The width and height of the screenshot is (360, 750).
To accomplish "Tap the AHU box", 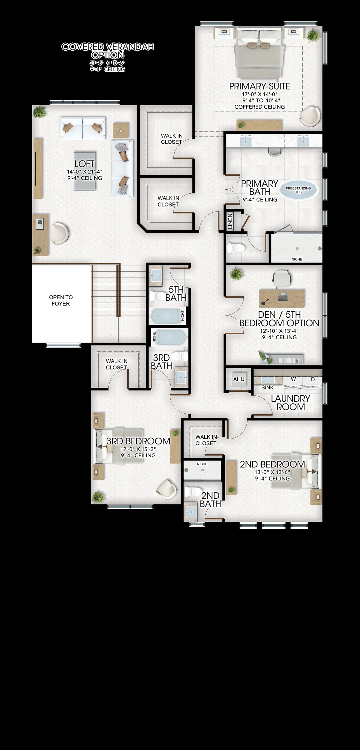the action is (x=239, y=379).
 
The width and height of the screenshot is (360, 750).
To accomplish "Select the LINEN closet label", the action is (x=230, y=221).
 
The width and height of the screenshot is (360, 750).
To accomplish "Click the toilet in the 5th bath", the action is (x=157, y=297).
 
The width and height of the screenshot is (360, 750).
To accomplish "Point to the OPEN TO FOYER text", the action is (x=61, y=300).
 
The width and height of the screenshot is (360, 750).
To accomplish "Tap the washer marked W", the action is (x=293, y=383).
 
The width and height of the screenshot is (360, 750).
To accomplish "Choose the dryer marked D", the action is (x=312, y=383).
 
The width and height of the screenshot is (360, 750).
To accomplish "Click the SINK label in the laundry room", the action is (x=267, y=387).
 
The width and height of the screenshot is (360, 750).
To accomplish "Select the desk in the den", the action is (x=282, y=298).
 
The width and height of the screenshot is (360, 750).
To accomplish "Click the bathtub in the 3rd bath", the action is (x=169, y=337).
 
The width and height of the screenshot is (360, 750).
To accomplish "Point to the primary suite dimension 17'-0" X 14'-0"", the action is (x=259, y=94).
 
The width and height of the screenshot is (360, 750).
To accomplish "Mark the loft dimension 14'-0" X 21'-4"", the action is (x=84, y=172).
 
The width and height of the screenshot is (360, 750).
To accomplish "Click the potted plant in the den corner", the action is (x=236, y=274).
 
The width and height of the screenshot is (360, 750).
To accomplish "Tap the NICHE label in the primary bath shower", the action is (x=297, y=259).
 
